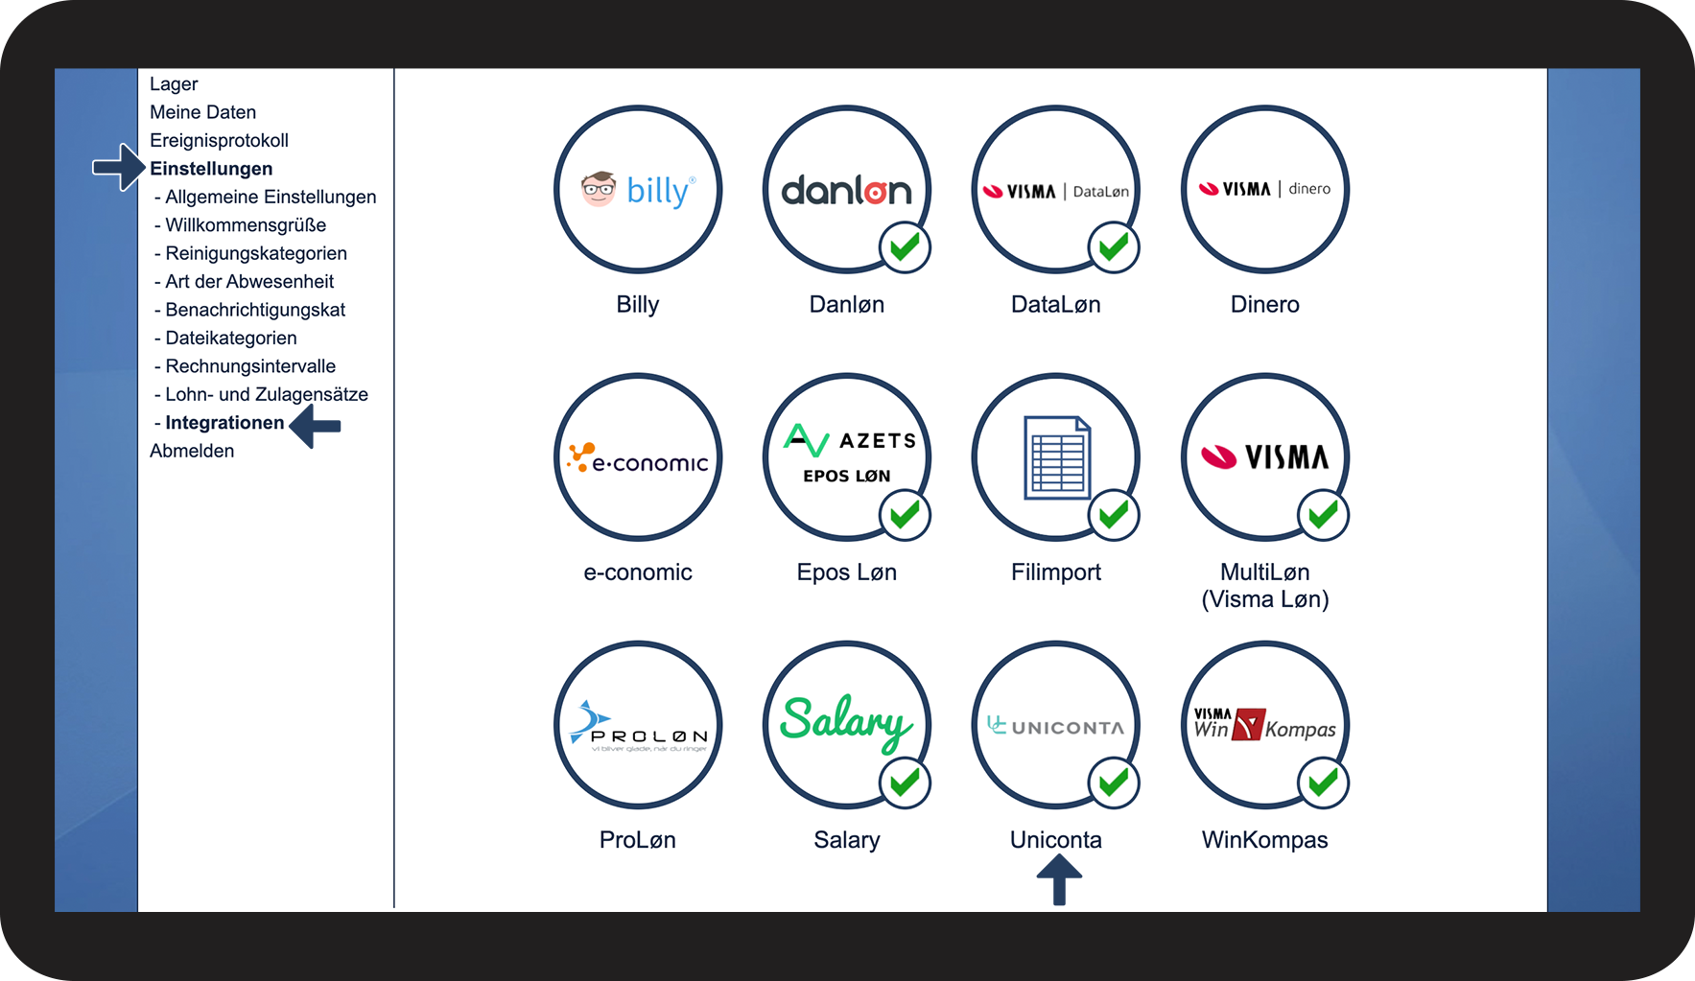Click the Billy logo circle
(x=638, y=189)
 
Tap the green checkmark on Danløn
(x=905, y=247)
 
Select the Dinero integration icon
(x=1264, y=189)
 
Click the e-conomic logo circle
(x=638, y=456)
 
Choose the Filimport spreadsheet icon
(x=1056, y=456)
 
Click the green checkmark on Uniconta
(x=1114, y=782)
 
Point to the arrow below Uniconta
(x=1059, y=879)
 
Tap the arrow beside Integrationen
(x=316, y=425)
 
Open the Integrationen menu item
(x=224, y=423)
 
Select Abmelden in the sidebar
(x=192, y=451)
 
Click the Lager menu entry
(x=174, y=84)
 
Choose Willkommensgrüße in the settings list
(x=246, y=225)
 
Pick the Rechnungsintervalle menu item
(x=250, y=366)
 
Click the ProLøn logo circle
(x=638, y=725)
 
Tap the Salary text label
(x=846, y=840)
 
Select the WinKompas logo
(x=1264, y=725)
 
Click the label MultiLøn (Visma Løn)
(x=1264, y=585)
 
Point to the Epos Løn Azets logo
(x=847, y=456)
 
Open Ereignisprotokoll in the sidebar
(x=219, y=141)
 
